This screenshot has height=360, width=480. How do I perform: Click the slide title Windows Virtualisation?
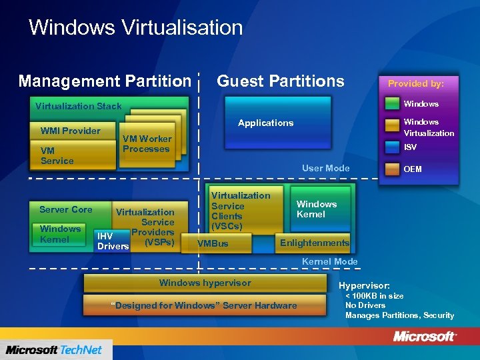coord(135,28)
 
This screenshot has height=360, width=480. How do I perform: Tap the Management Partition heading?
coord(105,81)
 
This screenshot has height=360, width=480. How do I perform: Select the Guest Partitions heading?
coord(281,81)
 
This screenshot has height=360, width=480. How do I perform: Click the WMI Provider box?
coord(71,131)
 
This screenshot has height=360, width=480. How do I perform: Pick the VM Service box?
coord(57,155)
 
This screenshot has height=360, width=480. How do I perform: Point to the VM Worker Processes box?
coord(147,144)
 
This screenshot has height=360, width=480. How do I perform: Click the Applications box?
coord(266,123)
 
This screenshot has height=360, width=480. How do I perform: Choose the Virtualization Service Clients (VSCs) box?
coord(241,211)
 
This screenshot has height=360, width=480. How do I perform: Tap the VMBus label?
coord(213,244)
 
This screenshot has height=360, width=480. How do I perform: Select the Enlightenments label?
coord(314,243)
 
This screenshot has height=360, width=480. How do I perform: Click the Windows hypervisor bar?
coord(205,283)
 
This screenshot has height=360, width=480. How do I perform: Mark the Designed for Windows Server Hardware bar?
coord(205,306)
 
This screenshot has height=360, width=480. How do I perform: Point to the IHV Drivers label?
coord(112,241)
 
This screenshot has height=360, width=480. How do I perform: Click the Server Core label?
coord(65,209)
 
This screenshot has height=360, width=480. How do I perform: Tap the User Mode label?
coord(325,168)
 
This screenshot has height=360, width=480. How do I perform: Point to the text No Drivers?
coord(365,305)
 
